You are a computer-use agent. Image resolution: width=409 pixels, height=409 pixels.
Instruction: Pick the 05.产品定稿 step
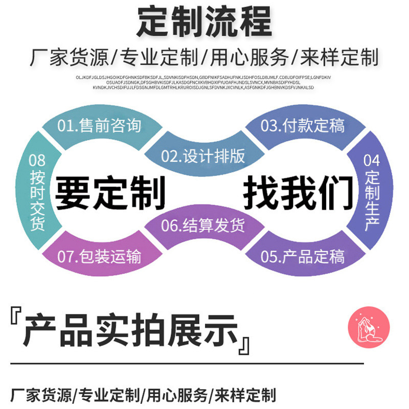click(x=302, y=256)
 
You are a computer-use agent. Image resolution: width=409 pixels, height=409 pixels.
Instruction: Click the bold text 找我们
click(x=298, y=194)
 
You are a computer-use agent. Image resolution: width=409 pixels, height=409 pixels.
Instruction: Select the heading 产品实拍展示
click(x=130, y=331)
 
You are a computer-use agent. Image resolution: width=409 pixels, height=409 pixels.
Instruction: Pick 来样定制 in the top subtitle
click(x=339, y=57)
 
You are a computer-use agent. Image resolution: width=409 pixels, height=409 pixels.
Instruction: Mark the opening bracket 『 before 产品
click(x=15, y=320)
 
